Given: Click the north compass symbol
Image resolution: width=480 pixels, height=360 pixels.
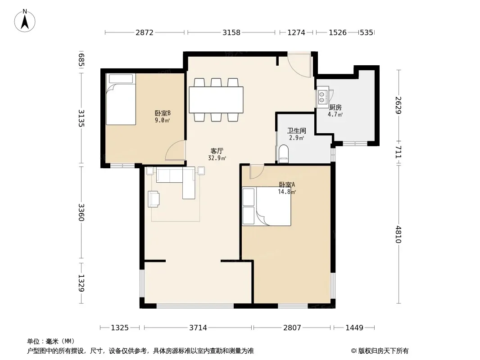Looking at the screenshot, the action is tap(25, 21).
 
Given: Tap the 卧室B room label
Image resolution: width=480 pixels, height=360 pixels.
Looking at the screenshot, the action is tap(163, 113).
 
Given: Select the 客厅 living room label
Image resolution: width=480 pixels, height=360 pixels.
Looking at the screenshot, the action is tap(217, 151).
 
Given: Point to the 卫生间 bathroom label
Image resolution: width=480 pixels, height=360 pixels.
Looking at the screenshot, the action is tap(296, 130).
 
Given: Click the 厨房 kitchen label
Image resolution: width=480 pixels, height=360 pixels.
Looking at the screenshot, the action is tap(335, 108).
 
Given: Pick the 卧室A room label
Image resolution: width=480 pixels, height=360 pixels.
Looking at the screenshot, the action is tap(287, 185).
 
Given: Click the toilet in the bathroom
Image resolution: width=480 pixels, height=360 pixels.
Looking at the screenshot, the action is tap(284, 153).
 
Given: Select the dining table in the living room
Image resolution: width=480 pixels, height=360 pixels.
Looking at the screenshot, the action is tap(216, 100).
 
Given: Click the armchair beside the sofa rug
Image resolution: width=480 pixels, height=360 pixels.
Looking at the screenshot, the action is tap(154, 199).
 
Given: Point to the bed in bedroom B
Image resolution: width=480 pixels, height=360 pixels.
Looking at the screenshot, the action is tap(121, 99).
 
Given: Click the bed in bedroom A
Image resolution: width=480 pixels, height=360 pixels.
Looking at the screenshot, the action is tap(266, 207).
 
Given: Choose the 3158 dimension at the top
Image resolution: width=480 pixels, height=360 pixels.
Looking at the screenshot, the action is tap(231, 32).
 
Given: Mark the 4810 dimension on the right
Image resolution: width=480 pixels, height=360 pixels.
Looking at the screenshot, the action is tap(398, 234).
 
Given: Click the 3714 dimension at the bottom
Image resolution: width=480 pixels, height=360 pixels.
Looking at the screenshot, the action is tap(198, 328).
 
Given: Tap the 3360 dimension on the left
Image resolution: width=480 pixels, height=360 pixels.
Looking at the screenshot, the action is tap(81, 212).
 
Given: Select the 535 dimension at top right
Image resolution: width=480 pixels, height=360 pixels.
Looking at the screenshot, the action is tap(367, 32).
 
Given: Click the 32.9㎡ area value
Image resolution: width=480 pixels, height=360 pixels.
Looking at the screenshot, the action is tap(217, 158).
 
